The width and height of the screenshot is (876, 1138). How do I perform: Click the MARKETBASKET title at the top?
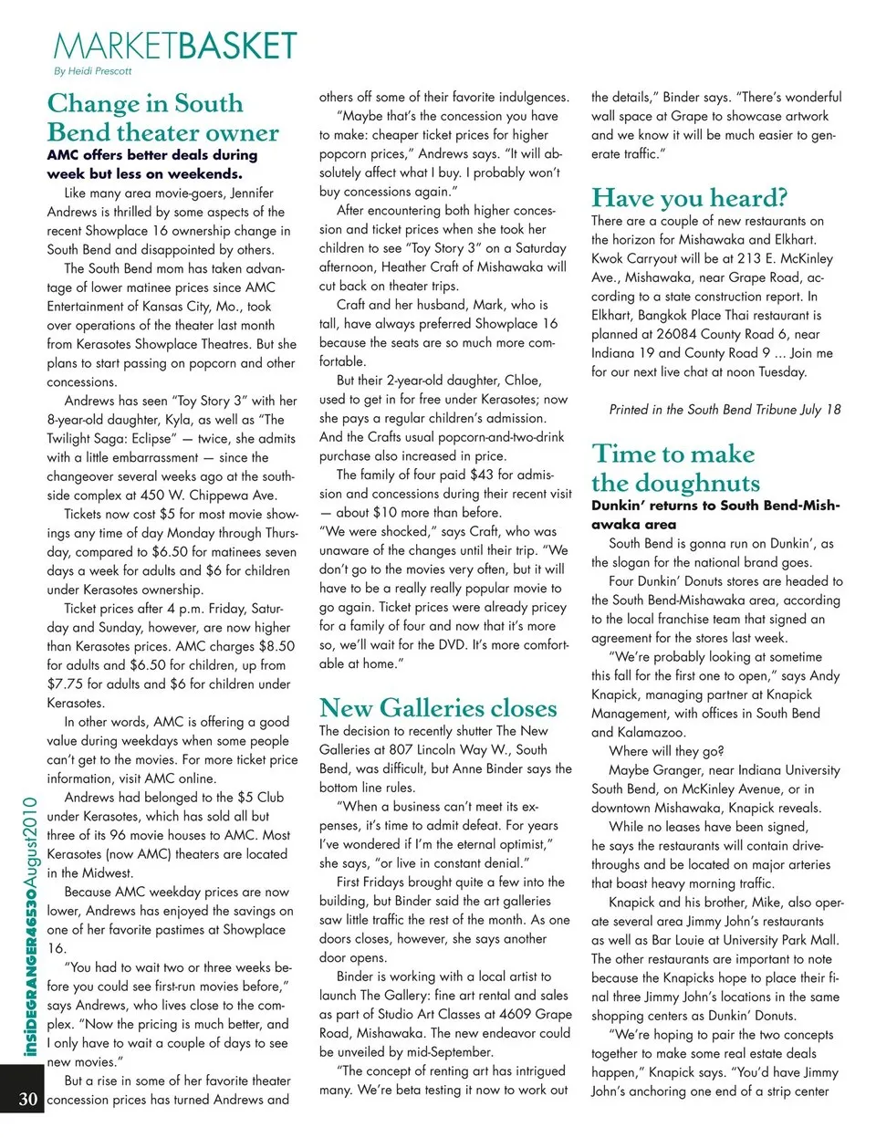(x=175, y=46)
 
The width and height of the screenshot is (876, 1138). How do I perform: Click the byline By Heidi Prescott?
(x=92, y=71)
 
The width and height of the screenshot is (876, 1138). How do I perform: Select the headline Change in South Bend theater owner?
(x=162, y=118)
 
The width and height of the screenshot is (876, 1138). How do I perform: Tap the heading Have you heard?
(x=689, y=197)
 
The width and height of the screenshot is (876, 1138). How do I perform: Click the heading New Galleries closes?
(x=437, y=707)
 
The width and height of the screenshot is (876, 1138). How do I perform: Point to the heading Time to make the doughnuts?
(x=674, y=468)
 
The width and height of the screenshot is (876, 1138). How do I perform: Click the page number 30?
(x=28, y=1098)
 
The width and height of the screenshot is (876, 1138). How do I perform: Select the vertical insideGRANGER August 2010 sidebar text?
(x=30, y=926)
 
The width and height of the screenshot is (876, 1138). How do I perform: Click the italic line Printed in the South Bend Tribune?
(x=725, y=410)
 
